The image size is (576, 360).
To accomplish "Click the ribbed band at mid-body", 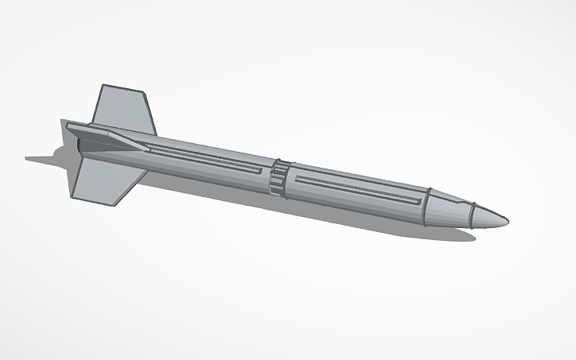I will (x=278, y=176).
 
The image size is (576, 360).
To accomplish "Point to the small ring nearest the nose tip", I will (x=471, y=215).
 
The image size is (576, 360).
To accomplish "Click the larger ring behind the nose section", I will (x=427, y=206).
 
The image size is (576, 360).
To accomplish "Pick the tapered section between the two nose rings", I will (x=449, y=211).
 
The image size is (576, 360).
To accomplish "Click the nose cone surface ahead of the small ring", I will (x=489, y=219).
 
